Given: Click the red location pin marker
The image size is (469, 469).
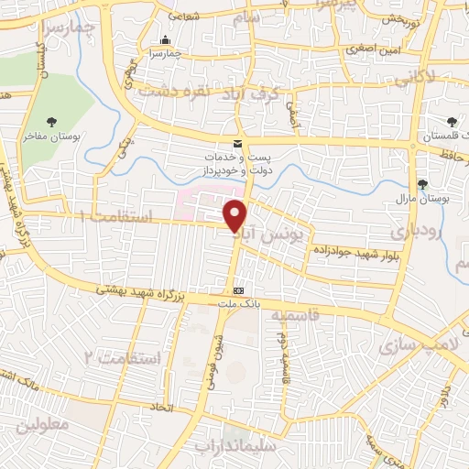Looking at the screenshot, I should point(236,216).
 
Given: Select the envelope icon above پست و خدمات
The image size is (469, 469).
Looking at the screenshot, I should point(238,144).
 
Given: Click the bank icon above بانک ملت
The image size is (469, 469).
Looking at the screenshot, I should point(238,289).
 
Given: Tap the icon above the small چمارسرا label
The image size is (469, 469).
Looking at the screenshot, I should point(165,40).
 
